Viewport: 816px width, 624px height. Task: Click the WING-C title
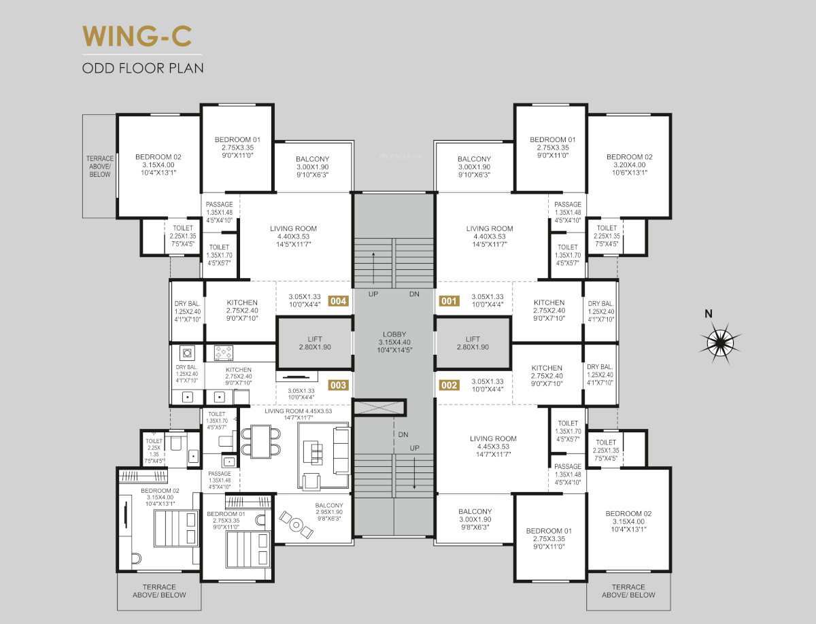(137, 36)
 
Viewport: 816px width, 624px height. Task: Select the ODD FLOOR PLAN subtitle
(143, 69)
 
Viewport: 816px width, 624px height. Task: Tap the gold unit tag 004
(338, 301)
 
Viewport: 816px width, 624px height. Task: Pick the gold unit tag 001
(449, 301)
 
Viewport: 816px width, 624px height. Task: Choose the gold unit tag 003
(338, 385)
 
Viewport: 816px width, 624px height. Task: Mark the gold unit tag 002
(449, 385)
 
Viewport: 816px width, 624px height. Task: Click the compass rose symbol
(720, 343)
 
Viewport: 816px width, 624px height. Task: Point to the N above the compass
(709, 314)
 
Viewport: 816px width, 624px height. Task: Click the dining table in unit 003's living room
(260, 442)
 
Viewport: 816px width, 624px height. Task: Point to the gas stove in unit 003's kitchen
(224, 353)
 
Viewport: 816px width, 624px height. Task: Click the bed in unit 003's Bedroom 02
(176, 528)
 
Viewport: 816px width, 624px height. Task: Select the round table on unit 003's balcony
(296, 525)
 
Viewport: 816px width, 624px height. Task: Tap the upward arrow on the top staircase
(373, 268)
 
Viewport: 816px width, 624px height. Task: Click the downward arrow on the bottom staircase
(415, 473)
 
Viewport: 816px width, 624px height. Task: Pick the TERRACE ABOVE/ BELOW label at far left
(100, 167)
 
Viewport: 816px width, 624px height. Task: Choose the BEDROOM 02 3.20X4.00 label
(630, 164)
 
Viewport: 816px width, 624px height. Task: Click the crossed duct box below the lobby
(379, 408)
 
